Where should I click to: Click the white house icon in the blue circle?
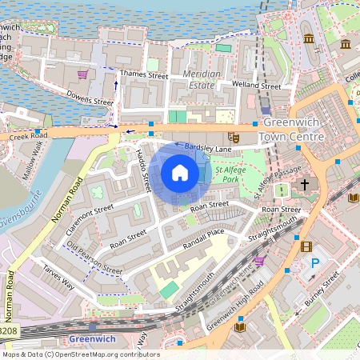pos(180,173)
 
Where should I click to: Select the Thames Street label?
pos(143,76)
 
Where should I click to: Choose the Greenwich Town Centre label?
pos(294,130)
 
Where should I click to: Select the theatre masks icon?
pos(232,137)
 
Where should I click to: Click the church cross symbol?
pos(304,186)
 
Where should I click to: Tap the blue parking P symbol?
pos(314,262)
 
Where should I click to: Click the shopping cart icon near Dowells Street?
pos(82,74)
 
